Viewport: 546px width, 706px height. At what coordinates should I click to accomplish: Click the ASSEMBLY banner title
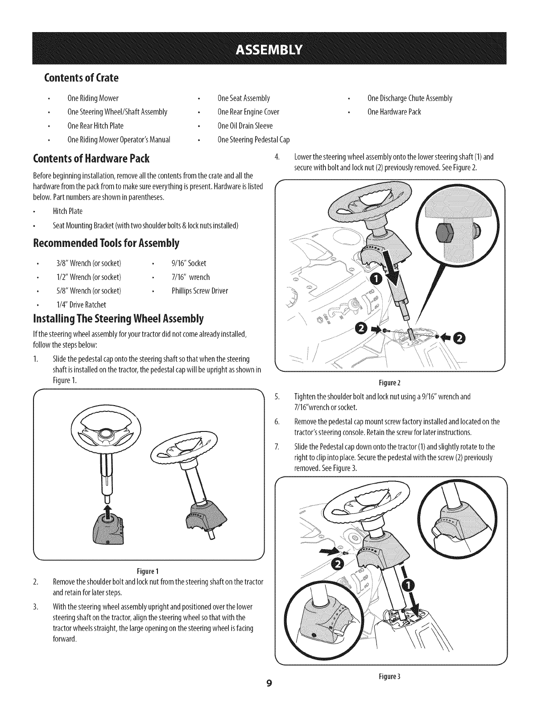[x=273, y=48]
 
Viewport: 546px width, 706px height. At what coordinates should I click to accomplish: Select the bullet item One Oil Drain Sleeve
[x=244, y=126]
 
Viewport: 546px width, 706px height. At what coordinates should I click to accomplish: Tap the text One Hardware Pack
[x=394, y=111]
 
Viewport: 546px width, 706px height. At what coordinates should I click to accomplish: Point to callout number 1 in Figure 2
[x=376, y=279]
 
